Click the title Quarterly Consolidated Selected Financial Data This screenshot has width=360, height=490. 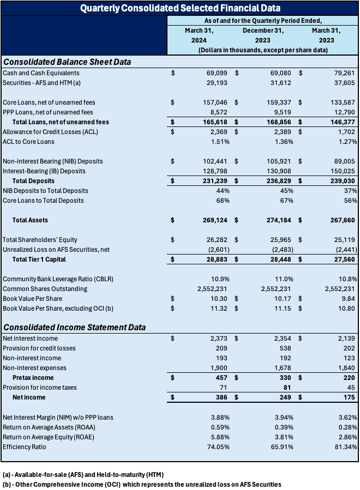pos(180,8)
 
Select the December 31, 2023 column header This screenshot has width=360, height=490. pos(263,35)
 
